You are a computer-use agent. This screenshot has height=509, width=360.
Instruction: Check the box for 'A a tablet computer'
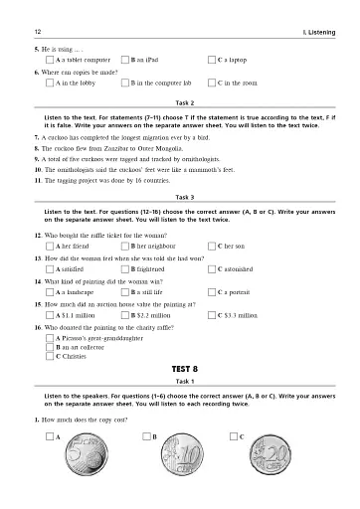(51, 60)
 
